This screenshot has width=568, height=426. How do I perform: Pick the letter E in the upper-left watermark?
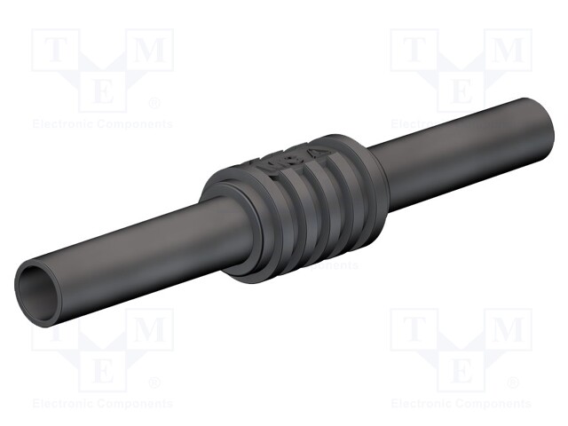point(103,91)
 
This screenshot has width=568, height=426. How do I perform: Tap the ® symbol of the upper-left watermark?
point(154,104)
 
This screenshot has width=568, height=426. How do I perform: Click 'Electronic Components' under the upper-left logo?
point(103,124)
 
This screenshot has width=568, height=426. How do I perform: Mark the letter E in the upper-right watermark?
point(461,91)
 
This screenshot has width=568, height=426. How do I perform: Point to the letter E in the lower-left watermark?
point(103,369)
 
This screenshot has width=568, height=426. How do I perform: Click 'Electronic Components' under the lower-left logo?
point(103,403)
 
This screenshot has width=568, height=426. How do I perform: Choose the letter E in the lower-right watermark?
point(461,369)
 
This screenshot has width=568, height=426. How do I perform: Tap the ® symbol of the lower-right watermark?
point(513,383)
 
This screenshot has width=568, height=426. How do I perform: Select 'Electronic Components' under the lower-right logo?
point(461,403)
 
